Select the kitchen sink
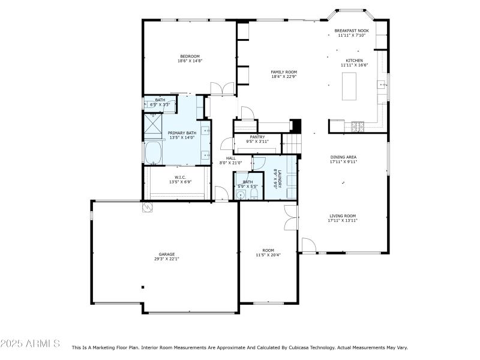(381, 85)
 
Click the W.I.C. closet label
(180, 177)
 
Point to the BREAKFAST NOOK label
(352, 30)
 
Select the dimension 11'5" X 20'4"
(268, 255)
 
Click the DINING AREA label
(343, 157)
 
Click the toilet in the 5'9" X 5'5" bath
(241, 194)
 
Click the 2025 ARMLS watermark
(30, 344)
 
